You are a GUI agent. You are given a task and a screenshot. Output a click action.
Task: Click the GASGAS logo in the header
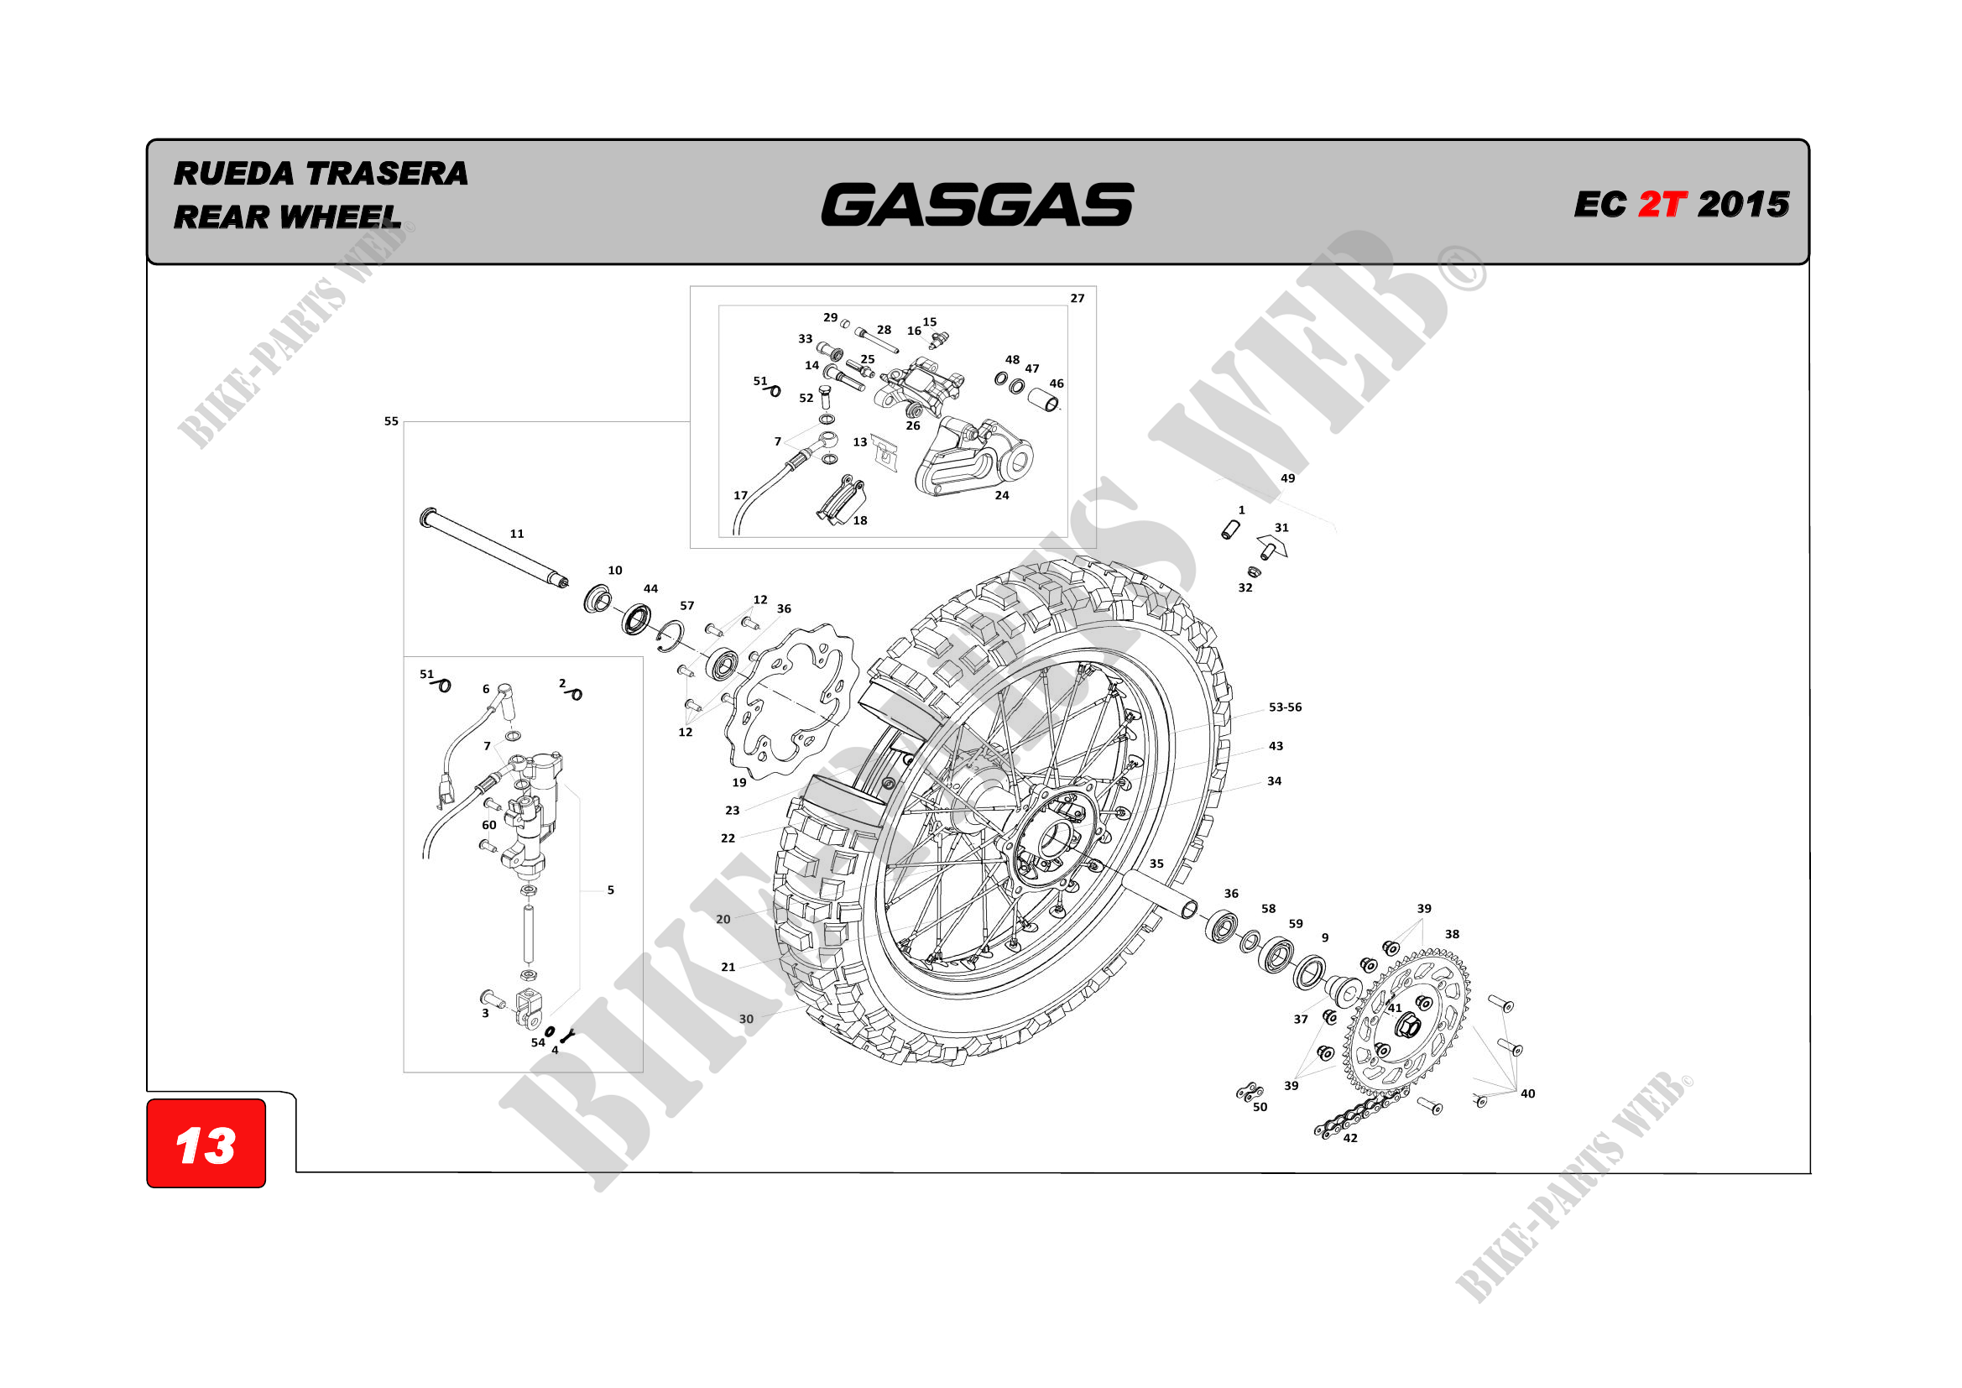pyautogui.click(x=977, y=205)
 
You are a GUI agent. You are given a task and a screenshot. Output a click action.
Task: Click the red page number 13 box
pyautogui.click(x=206, y=1145)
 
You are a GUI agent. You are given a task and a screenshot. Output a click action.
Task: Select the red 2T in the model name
pyautogui.click(x=1662, y=204)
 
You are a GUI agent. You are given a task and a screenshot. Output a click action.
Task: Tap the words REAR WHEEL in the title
pyautogui.click(x=287, y=217)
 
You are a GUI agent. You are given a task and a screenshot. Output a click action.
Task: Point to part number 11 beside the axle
pyautogui.click(x=517, y=535)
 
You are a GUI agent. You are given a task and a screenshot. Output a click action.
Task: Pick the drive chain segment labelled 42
pyautogui.click(x=1359, y=1116)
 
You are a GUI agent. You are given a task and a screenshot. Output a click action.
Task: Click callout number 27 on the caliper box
pyautogui.click(x=1078, y=298)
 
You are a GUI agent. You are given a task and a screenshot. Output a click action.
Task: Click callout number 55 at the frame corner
pyautogui.click(x=391, y=421)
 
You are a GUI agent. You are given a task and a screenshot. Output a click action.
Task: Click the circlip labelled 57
pyautogui.click(x=671, y=634)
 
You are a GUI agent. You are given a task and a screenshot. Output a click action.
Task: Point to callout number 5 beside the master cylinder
pyautogui.click(x=610, y=890)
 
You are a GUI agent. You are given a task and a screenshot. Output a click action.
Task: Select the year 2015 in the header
pyautogui.click(x=1743, y=204)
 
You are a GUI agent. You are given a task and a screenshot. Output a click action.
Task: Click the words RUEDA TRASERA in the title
pyautogui.click(x=321, y=174)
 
